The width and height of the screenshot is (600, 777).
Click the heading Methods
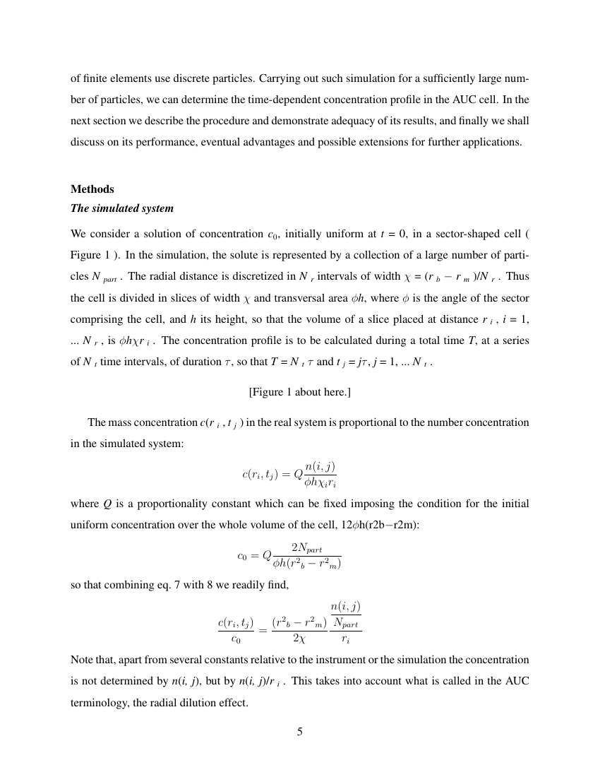pos(92,189)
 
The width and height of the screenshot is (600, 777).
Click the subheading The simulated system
pos(121,208)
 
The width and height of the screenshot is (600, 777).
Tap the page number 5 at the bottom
pos(300,731)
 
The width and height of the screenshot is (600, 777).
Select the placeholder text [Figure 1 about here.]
pos(300,391)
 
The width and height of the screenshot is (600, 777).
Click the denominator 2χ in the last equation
pos(299,638)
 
